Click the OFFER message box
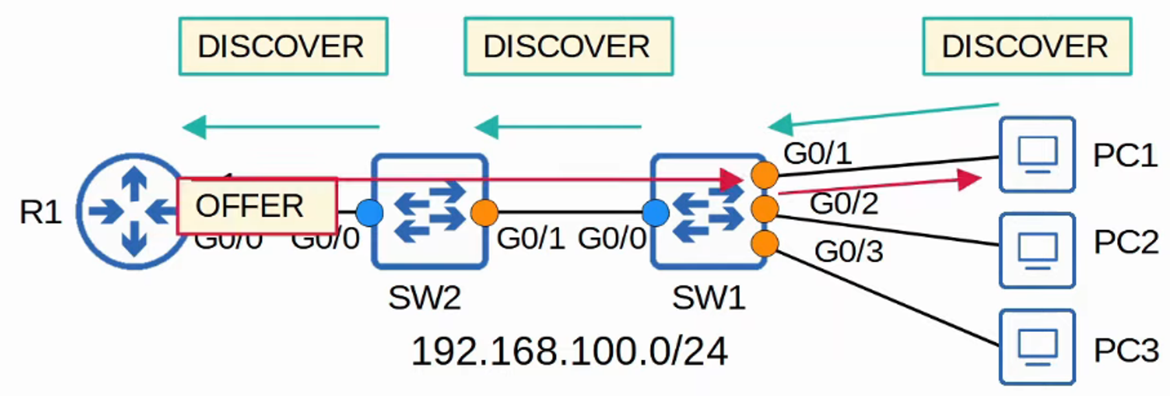click(x=257, y=206)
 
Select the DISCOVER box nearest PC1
click(x=1026, y=47)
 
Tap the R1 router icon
click(x=133, y=211)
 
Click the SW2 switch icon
click(x=429, y=211)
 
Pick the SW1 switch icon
click(x=708, y=211)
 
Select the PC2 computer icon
click(x=1037, y=250)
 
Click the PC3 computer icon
click(x=1037, y=347)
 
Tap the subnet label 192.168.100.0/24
click(x=569, y=351)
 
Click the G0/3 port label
click(x=848, y=251)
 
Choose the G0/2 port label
click(x=844, y=204)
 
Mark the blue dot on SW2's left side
click(x=370, y=213)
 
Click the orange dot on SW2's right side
click(x=484, y=213)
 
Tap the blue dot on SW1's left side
click(x=655, y=213)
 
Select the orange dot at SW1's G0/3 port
click(x=765, y=244)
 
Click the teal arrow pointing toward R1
click(x=281, y=127)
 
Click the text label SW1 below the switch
click(x=708, y=298)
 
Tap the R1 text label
click(x=40, y=213)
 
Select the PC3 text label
click(x=1125, y=351)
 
